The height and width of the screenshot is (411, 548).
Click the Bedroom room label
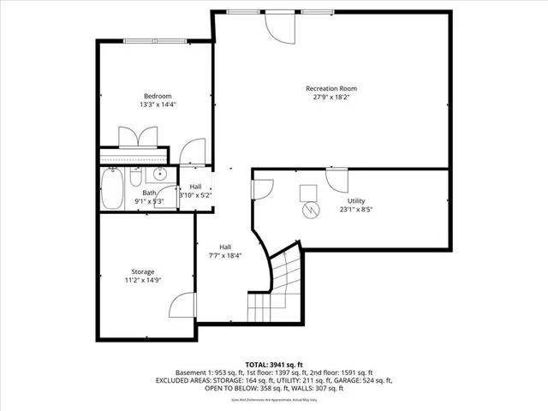pyautogui.click(x=158, y=96)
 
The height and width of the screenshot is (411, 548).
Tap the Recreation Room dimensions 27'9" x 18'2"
pyautogui.click(x=331, y=98)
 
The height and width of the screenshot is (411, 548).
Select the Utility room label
pyautogui.click(x=355, y=200)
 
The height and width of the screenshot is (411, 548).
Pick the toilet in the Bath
pyautogui.click(x=136, y=177)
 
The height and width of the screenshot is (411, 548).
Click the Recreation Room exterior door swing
pyautogui.click(x=281, y=27)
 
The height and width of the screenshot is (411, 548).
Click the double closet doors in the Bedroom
pyautogui.click(x=138, y=137)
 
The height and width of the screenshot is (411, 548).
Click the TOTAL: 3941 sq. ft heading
pyautogui.click(x=273, y=364)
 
